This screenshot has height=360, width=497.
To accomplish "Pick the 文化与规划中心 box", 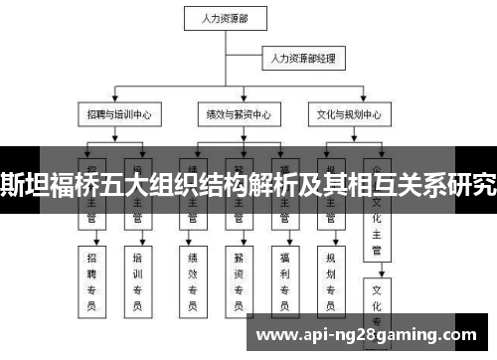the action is pos(344,115).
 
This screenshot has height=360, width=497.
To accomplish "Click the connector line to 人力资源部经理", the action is pos(248,61).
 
